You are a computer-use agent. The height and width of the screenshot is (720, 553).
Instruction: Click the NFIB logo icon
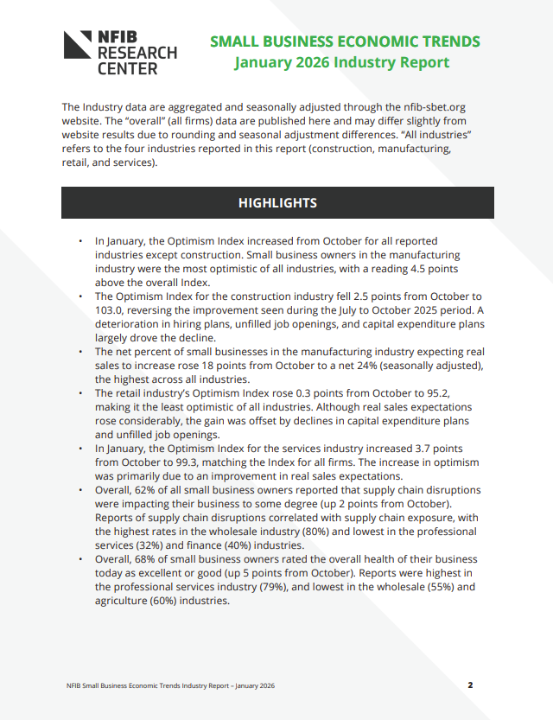[78, 44]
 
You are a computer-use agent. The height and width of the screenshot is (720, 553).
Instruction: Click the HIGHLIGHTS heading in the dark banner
[277, 203]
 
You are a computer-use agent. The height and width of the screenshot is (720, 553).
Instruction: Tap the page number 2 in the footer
[471, 685]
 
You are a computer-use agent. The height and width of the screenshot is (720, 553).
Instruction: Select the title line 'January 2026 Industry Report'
[341, 62]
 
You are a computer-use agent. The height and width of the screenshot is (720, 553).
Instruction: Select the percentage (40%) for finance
[240, 546]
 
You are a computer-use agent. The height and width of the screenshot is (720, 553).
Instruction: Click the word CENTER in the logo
[128, 68]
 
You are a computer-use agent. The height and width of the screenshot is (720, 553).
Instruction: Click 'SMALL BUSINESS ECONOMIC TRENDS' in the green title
[345, 41]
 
